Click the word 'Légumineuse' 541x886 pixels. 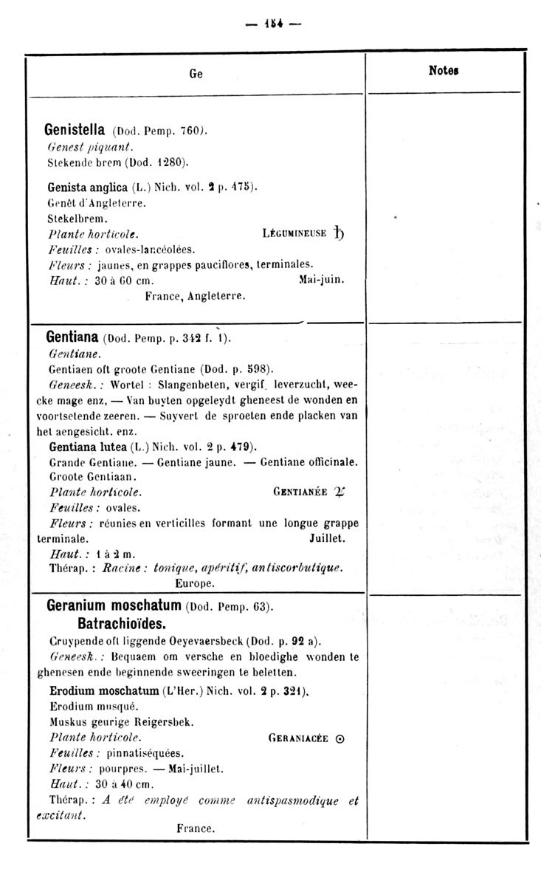coord(294,234)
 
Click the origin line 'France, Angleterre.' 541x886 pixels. coord(195,297)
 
